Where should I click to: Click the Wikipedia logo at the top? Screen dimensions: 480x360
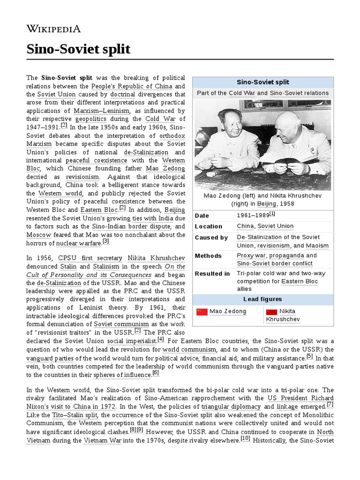[x=53, y=29]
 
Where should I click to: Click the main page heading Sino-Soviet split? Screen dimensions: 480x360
[x=78, y=49]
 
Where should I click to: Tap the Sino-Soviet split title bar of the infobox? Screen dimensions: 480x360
[x=263, y=82]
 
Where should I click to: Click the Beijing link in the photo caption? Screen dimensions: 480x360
[x=266, y=204]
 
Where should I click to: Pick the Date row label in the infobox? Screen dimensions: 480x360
[x=202, y=215]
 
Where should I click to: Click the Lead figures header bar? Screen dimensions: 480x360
[x=263, y=300]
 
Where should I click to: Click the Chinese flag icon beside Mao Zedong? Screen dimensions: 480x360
[x=202, y=312]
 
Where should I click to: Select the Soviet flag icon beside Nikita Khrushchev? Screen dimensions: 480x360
[x=271, y=312]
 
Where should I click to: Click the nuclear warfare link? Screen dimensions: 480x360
[x=79, y=243]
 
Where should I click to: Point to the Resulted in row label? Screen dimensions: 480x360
[x=212, y=274]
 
